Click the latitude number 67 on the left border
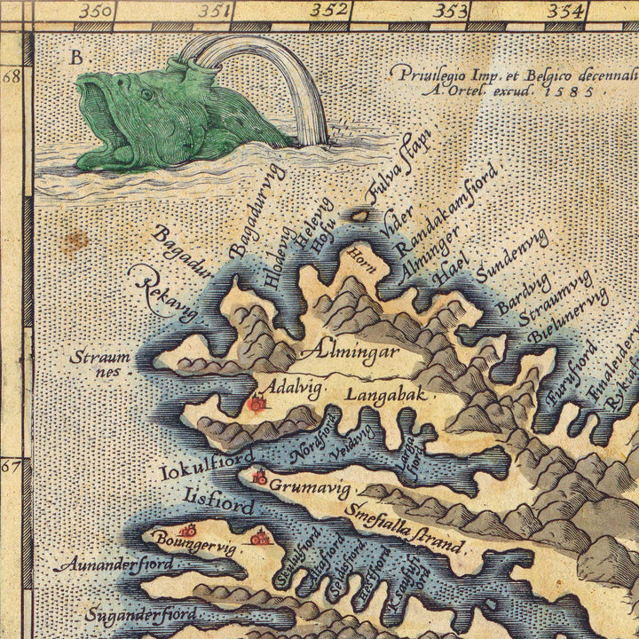pos(11,465)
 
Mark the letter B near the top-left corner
pos(76,58)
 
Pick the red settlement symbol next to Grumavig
pos(260,479)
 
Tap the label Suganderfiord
pos(141,614)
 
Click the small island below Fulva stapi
pos(360,215)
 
